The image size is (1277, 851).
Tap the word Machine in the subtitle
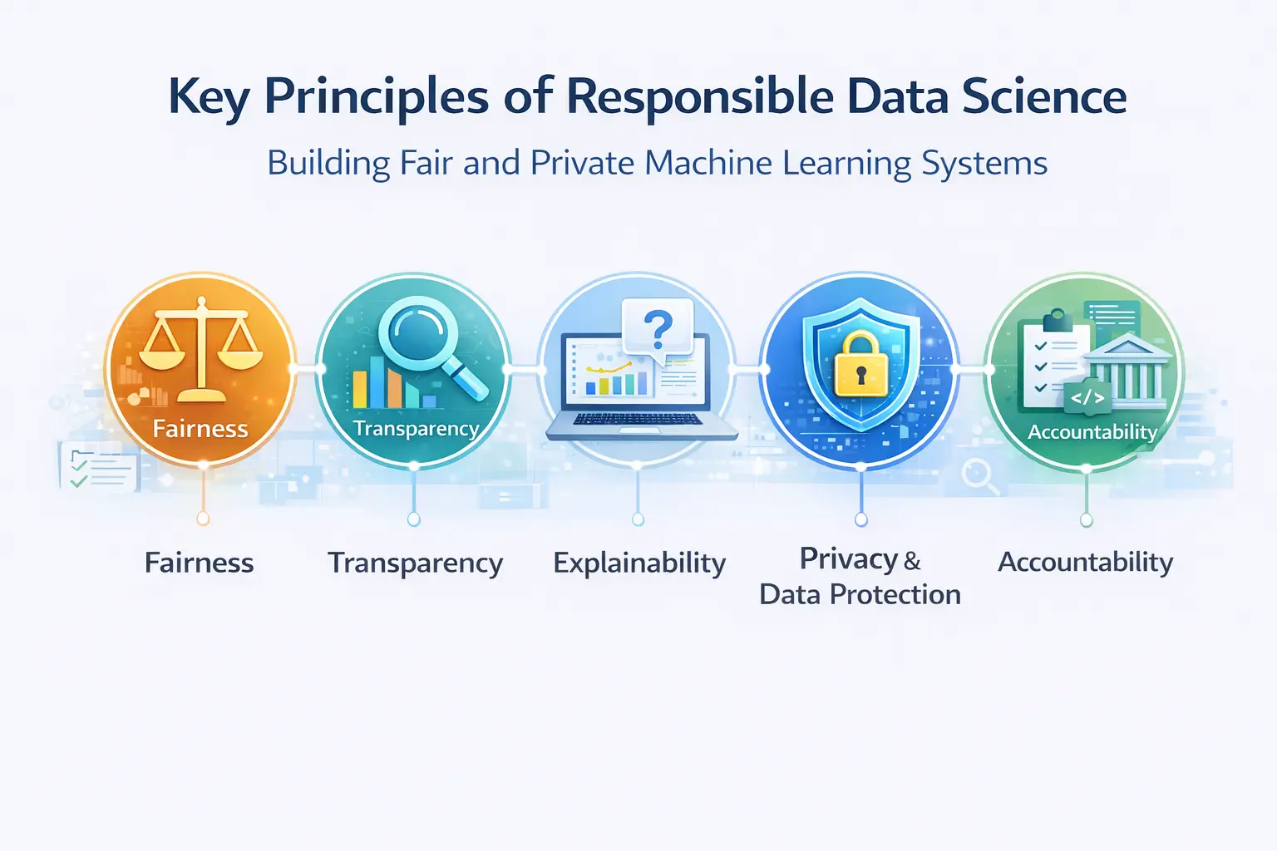pos(708,163)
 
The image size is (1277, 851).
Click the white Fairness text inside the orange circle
pos(200,429)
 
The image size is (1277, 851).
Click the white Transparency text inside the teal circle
pos(417,429)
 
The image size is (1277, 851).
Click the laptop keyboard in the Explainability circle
pos(638,419)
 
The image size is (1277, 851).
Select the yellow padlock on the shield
pos(860,365)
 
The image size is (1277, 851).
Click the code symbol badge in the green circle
pos(1087,397)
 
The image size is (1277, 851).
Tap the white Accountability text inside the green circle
pos(1092,432)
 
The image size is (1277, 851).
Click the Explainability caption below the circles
pos(639,563)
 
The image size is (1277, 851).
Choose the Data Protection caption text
pos(860,594)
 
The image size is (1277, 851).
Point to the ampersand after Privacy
pos(912,562)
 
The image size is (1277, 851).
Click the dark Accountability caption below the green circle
pos(1086,563)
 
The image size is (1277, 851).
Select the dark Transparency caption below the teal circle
pos(416,563)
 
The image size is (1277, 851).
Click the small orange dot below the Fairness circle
pos(203,519)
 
